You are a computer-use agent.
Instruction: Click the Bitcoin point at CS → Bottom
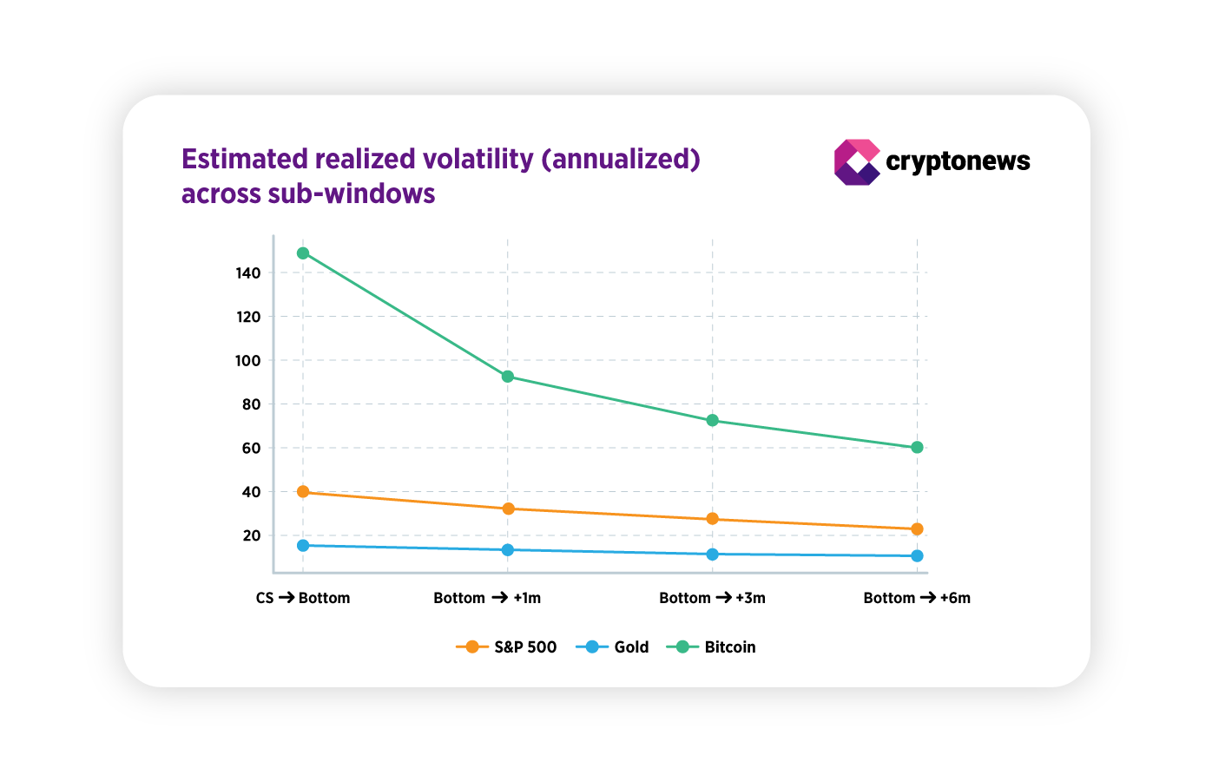(303, 253)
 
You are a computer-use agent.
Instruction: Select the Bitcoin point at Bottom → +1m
(508, 377)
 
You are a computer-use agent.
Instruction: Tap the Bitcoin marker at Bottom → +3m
(713, 421)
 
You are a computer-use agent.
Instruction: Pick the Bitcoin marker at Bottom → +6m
(918, 448)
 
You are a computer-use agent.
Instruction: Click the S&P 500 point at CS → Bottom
(303, 492)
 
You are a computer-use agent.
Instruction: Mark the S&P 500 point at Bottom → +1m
(508, 509)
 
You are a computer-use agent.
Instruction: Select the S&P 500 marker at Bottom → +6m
(918, 529)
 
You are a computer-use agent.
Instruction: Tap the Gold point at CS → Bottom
(303, 546)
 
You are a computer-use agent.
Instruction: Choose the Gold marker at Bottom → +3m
(713, 555)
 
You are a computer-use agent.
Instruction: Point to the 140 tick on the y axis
(248, 273)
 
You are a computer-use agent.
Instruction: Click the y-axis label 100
(248, 361)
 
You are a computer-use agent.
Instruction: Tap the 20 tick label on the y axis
(252, 536)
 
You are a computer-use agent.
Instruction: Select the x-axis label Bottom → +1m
(487, 598)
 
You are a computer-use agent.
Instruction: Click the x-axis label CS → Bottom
(303, 598)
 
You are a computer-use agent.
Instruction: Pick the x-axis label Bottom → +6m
(917, 598)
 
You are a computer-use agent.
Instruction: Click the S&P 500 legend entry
(507, 647)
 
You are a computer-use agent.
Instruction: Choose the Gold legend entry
(613, 647)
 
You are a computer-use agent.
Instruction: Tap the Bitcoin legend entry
(712, 647)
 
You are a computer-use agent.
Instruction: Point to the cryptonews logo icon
(856, 162)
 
